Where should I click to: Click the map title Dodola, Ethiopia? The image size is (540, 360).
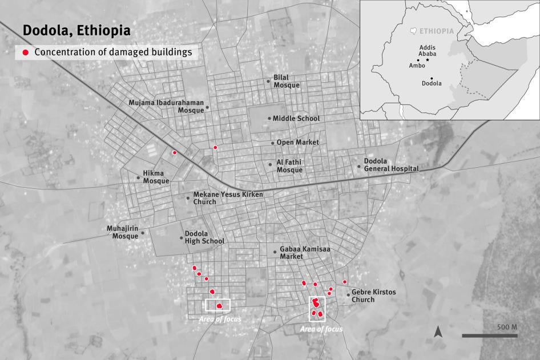click(x=76, y=30)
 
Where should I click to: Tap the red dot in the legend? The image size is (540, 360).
click(x=25, y=52)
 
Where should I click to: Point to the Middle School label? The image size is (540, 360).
click(x=296, y=119)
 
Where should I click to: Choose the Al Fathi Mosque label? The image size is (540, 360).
click(x=289, y=166)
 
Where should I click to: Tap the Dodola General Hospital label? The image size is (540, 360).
click(x=392, y=165)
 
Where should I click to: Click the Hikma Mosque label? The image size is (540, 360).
click(x=156, y=177)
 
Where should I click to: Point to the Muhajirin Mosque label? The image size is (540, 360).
click(x=123, y=232)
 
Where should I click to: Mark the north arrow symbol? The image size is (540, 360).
click(x=438, y=331)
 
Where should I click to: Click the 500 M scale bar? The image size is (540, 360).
click(x=489, y=335)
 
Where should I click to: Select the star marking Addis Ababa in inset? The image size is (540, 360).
click(x=428, y=59)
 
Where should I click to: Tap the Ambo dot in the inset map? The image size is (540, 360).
click(x=418, y=60)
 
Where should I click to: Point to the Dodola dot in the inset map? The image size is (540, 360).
click(x=432, y=78)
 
